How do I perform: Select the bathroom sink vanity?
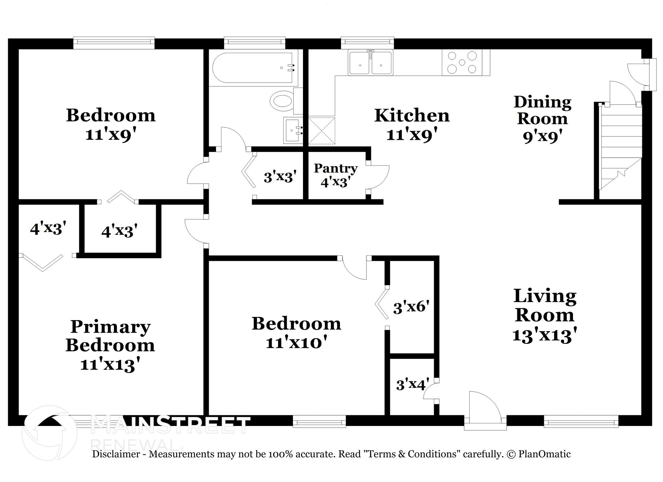tap(293, 130)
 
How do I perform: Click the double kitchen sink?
tap(370, 63)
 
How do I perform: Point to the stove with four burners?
tap(462, 62)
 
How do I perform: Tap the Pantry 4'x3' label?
tap(335, 175)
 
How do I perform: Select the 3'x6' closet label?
tap(411, 307)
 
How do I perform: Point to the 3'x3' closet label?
tap(280, 177)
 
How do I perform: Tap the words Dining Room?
tap(542, 110)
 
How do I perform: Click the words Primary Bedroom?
tap(110, 336)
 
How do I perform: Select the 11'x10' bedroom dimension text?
tap(296, 342)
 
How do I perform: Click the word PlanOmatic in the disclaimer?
tap(544, 454)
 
